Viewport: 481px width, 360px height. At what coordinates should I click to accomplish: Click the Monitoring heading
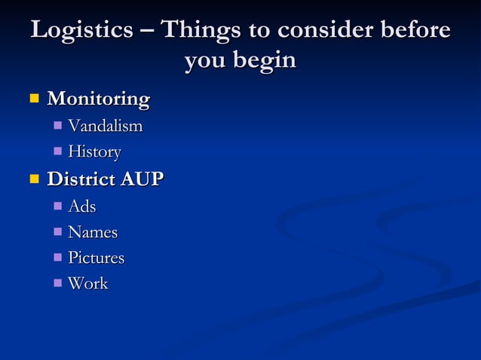[98, 99]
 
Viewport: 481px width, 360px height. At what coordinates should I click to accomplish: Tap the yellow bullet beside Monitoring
[33, 99]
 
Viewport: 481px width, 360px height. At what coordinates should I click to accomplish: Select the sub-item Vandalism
[105, 126]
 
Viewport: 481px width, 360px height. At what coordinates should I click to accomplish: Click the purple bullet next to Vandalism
[58, 126]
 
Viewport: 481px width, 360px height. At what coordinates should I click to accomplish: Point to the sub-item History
[94, 152]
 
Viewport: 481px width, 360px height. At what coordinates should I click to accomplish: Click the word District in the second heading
[78, 180]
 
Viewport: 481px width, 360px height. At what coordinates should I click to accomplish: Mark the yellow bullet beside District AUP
[33, 179]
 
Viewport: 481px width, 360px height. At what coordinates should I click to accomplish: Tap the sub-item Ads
[82, 206]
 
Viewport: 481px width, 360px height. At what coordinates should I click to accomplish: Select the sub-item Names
[93, 233]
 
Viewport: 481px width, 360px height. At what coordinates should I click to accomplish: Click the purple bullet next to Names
[58, 232]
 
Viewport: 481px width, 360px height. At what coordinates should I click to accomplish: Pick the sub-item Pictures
[96, 258]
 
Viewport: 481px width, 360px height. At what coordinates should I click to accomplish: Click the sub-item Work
[88, 284]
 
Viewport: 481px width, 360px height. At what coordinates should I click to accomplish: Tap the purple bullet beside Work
[58, 284]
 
